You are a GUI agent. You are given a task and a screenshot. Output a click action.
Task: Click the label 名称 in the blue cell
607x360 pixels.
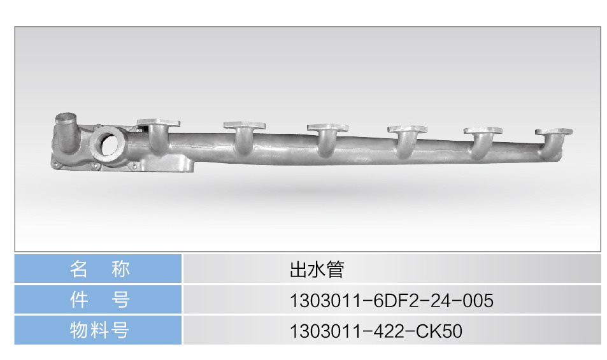(99, 269)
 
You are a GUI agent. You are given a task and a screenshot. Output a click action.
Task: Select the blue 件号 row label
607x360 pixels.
(99, 299)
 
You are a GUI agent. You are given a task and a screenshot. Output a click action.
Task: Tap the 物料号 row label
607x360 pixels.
(99, 330)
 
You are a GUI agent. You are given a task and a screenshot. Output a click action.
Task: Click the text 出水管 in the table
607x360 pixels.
(317, 270)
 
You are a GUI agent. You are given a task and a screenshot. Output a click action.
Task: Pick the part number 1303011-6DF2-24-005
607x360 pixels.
(391, 300)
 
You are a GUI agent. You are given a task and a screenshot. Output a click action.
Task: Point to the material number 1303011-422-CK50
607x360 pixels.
(376, 331)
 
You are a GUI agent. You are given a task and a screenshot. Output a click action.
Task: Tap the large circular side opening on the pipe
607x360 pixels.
(108, 143)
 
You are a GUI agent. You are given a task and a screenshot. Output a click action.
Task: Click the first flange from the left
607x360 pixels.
(159, 123)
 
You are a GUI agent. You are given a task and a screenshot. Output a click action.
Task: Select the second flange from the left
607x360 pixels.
(245, 126)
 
